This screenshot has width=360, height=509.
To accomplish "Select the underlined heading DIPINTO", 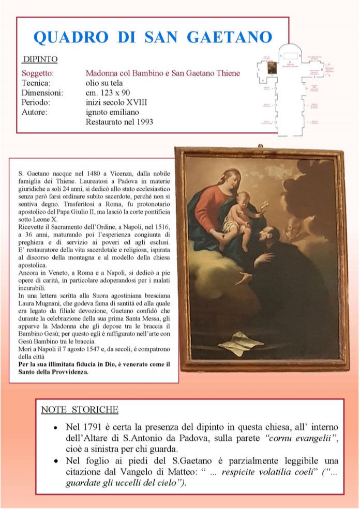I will pos(40,59).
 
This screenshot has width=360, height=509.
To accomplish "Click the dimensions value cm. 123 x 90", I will pos(110,93).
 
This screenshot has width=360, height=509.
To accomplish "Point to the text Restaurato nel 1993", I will pos(119,122).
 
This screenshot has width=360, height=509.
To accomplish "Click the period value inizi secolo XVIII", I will pos(116,103).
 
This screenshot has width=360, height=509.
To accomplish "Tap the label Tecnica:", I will pos(36,83).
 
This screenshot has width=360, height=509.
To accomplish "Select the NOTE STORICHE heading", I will pos(80,410).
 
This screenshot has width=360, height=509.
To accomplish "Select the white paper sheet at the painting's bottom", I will pos(241,343).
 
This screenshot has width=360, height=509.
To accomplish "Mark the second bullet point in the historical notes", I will pos(55,461).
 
